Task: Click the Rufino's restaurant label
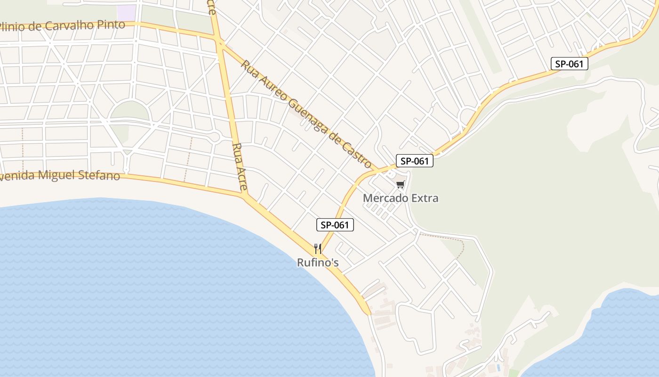[x=318, y=262]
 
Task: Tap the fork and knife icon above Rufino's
[x=318, y=248]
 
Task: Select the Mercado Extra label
[x=401, y=198]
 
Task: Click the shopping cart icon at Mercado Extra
[x=400, y=185]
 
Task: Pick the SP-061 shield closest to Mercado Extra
[x=414, y=161]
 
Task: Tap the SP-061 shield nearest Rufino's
[x=335, y=225]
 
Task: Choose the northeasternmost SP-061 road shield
[x=570, y=64]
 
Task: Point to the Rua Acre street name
[x=240, y=167]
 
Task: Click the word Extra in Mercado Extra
[x=425, y=198]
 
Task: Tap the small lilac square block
[x=126, y=13]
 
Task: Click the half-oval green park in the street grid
[x=129, y=111]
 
